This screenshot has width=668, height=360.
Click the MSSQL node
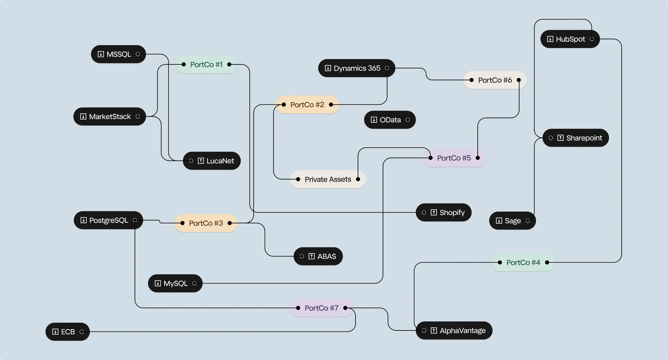(118, 54)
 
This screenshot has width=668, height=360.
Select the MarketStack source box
(109, 117)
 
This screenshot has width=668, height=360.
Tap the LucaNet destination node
(212, 161)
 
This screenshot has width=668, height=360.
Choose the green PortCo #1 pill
(206, 65)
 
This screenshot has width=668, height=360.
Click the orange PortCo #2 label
(307, 105)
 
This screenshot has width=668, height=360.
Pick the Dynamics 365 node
(357, 68)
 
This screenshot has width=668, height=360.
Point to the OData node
(390, 120)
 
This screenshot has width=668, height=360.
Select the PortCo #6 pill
(495, 80)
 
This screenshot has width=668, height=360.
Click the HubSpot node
(570, 39)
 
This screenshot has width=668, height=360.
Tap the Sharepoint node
(575, 138)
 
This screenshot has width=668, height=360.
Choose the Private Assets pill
(328, 179)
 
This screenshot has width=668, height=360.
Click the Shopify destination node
(444, 213)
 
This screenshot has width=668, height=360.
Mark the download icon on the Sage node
(499, 221)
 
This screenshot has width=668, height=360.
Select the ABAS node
(318, 256)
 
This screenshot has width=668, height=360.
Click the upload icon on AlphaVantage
(434, 330)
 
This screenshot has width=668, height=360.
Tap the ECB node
(67, 332)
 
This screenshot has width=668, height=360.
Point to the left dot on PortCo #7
(298, 308)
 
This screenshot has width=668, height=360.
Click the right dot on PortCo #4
(547, 263)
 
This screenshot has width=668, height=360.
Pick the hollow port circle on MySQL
(194, 283)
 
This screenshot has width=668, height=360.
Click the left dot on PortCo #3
(182, 223)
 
